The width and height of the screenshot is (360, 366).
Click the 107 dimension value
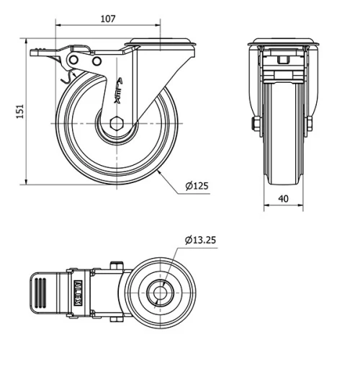(x=107, y=19)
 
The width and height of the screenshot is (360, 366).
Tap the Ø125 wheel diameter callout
(x=196, y=186)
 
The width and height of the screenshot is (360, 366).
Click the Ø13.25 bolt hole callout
(x=199, y=239)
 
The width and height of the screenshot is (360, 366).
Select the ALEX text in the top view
(x=78, y=291)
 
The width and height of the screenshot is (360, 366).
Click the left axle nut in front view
(x=256, y=124)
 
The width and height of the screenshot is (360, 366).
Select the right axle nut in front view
(x=309, y=124)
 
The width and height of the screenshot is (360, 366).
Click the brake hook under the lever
(x=71, y=75)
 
